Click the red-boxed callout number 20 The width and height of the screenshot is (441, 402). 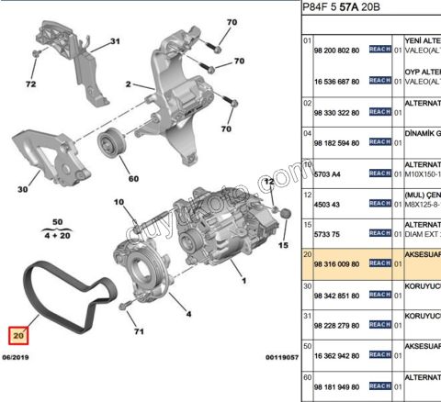point(19,336)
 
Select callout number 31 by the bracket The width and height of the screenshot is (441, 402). point(115,41)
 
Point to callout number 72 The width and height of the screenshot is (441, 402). point(30,84)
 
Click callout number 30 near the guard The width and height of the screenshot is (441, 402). point(22,191)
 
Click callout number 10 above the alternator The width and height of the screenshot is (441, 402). point(119,201)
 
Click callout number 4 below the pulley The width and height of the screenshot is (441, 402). point(187,314)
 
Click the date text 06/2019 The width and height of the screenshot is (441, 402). point(19,356)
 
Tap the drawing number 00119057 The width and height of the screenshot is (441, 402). point(281,356)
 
